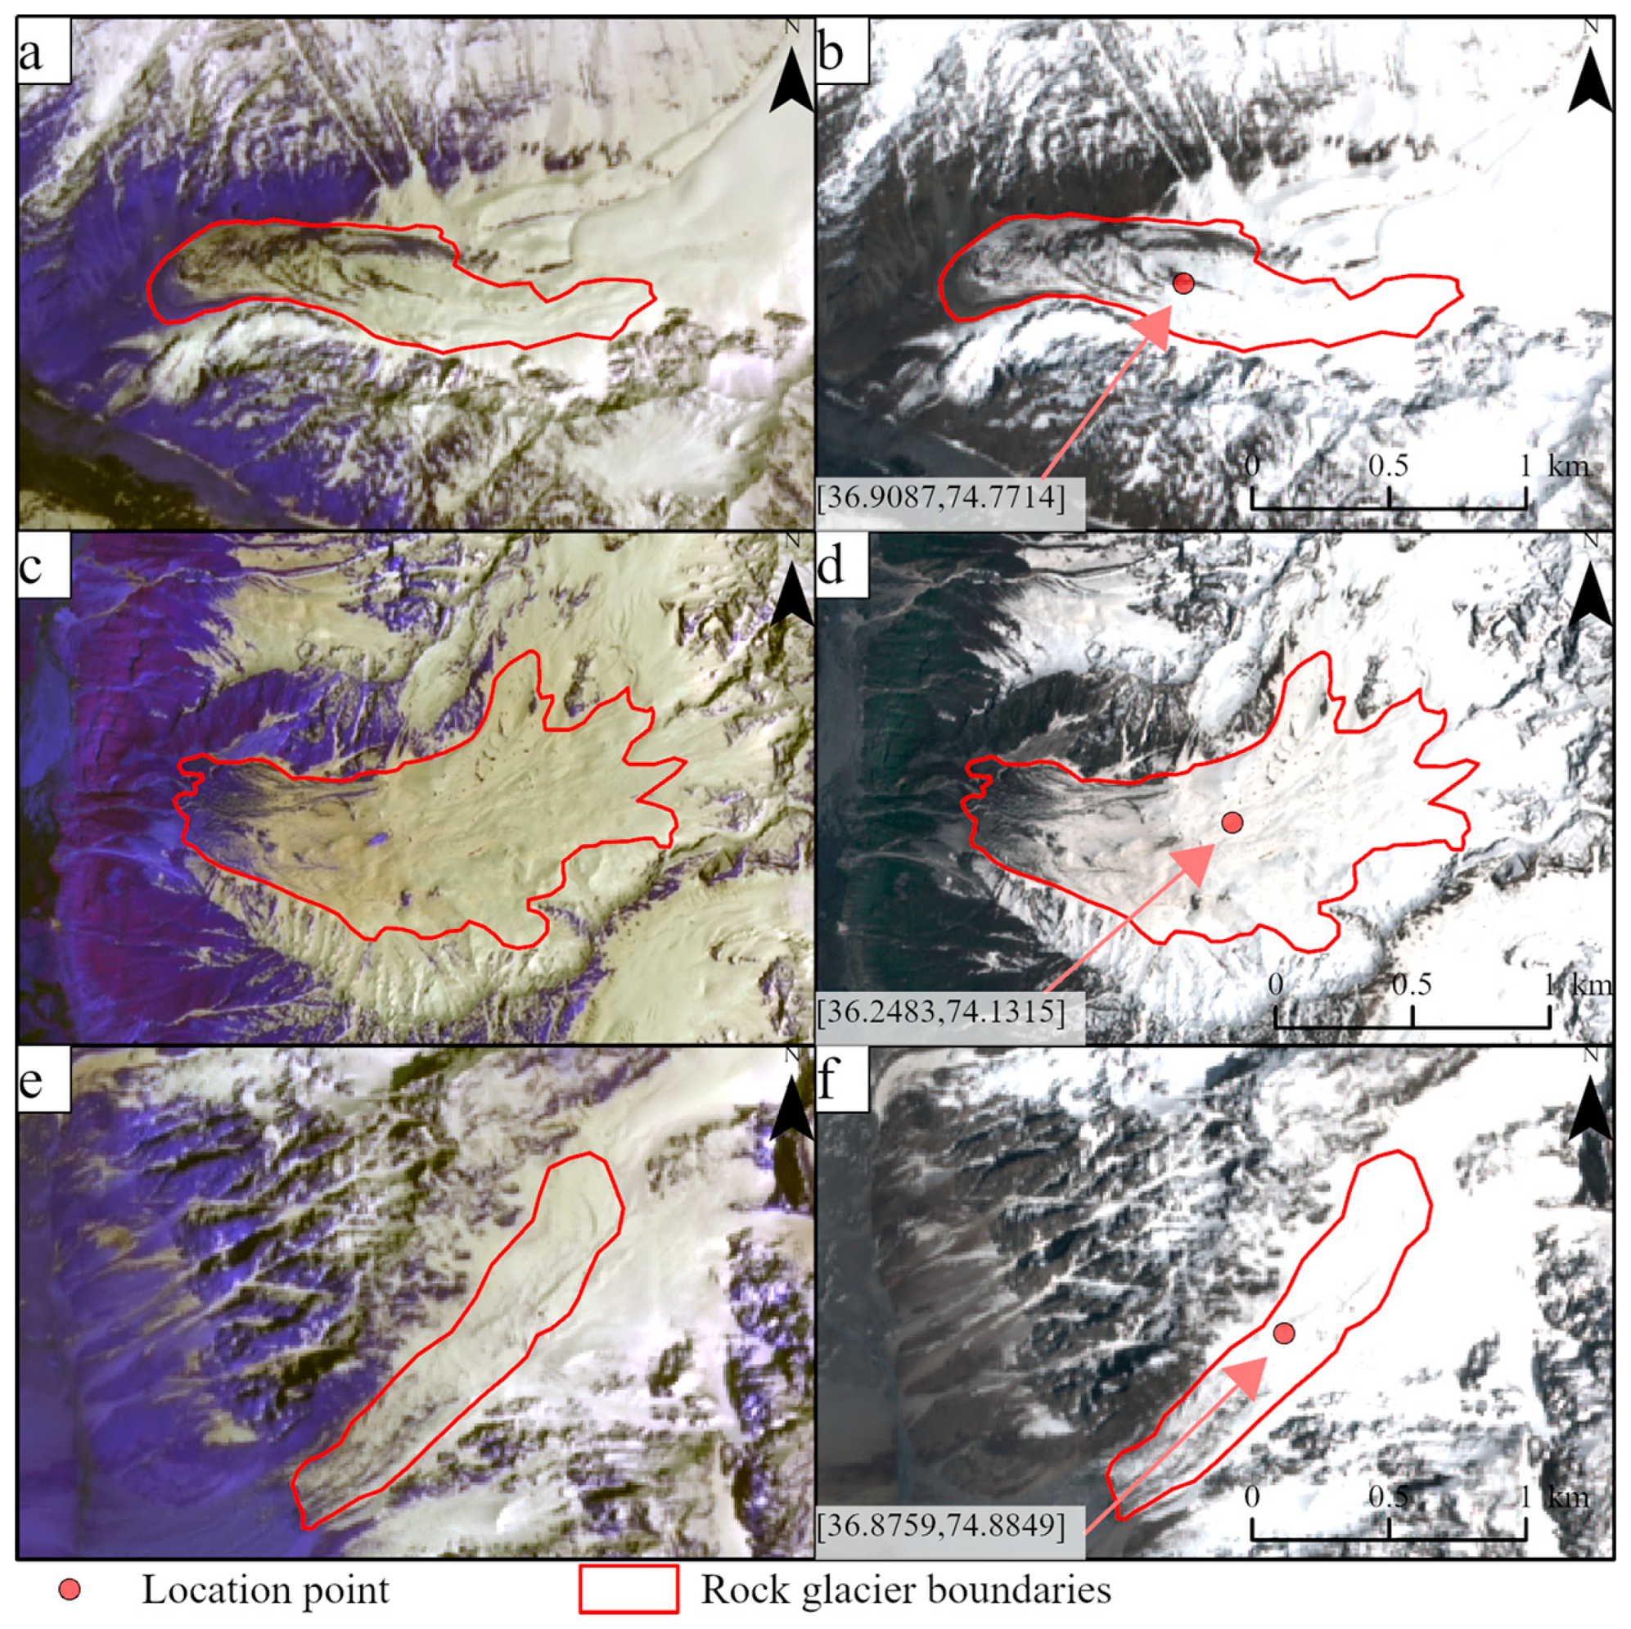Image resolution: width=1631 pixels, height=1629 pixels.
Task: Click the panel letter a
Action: pyautogui.click(x=32, y=56)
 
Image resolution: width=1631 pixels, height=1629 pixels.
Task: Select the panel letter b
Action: pyautogui.click(x=831, y=56)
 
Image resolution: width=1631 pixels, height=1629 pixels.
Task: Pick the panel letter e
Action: pyautogui.click(x=31, y=1080)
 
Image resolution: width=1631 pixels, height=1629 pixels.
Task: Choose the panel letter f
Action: pyautogui.click(x=831, y=1080)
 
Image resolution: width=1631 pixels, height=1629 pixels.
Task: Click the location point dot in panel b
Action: pyautogui.click(x=1183, y=284)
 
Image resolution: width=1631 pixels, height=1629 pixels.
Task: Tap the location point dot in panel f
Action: pyautogui.click(x=1284, y=1333)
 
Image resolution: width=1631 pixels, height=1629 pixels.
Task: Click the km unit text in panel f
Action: pyautogui.click(x=1569, y=1497)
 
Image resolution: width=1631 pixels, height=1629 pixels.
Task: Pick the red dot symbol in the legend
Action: pyautogui.click(x=74, y=1590)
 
